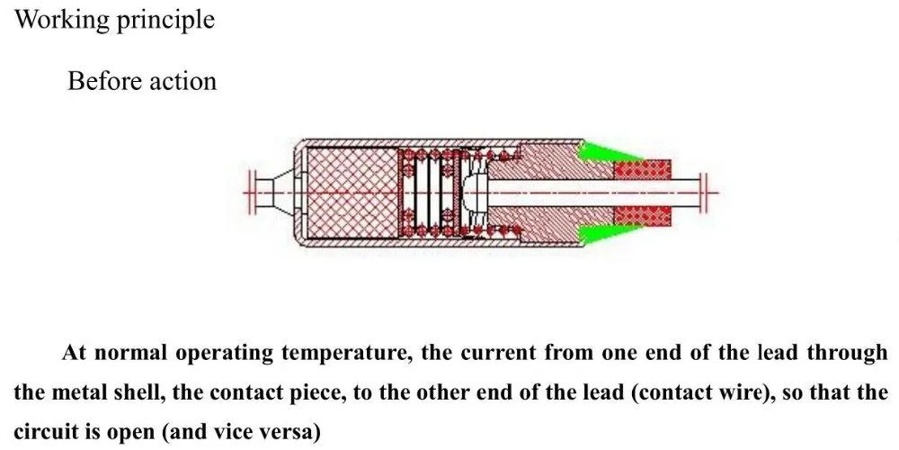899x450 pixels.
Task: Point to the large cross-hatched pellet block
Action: pos(352,192)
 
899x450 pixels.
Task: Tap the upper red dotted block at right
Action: pos(643,168)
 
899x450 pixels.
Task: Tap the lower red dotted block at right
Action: pos(643,216)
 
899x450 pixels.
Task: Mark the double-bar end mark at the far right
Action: pos(708,191)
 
